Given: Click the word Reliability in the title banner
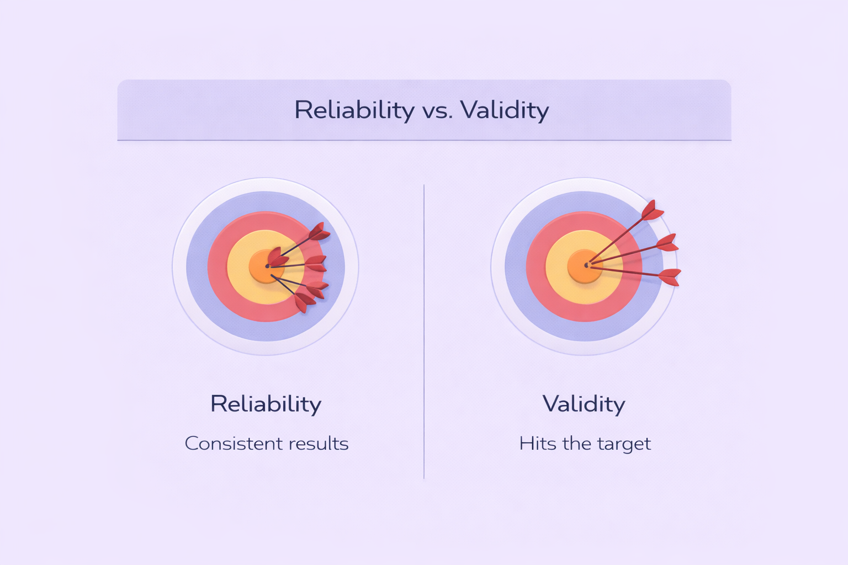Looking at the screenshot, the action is coord(354,110).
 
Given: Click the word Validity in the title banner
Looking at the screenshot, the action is coord(505,110).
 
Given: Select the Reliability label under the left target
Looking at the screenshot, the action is coord(266,404).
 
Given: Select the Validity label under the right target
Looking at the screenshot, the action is coord(584,404).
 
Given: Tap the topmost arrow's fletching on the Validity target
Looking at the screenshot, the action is coord(652,210).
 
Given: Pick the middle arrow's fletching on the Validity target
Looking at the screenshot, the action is coord(667,243).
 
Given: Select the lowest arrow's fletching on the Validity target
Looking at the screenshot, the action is coord(670,277).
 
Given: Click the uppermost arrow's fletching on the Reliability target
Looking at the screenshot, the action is coord(319,232).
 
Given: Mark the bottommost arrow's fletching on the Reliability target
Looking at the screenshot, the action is coord(304,302).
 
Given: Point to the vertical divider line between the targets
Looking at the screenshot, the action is coord(424,332).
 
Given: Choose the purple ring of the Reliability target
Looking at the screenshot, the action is coord(197,267).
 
